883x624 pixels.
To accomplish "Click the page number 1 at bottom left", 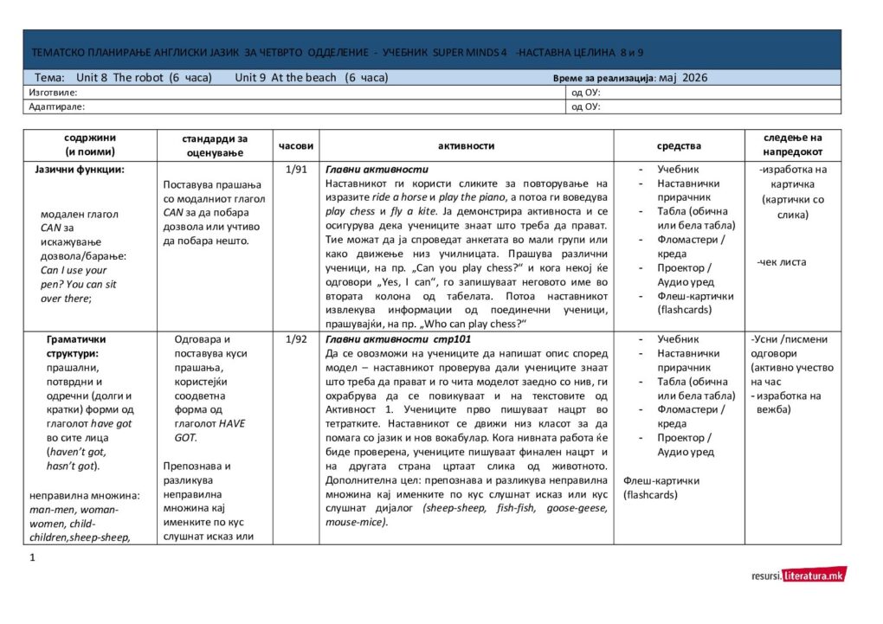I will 32,557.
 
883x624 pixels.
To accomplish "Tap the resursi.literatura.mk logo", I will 798,575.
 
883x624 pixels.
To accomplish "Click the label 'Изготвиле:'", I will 53,92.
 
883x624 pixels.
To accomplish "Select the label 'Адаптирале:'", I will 56,106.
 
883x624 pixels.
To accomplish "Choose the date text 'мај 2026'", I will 683,77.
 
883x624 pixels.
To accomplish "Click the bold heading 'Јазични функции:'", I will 80,170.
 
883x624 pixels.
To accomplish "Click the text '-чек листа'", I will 781,262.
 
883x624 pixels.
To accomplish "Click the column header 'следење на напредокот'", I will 792,145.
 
